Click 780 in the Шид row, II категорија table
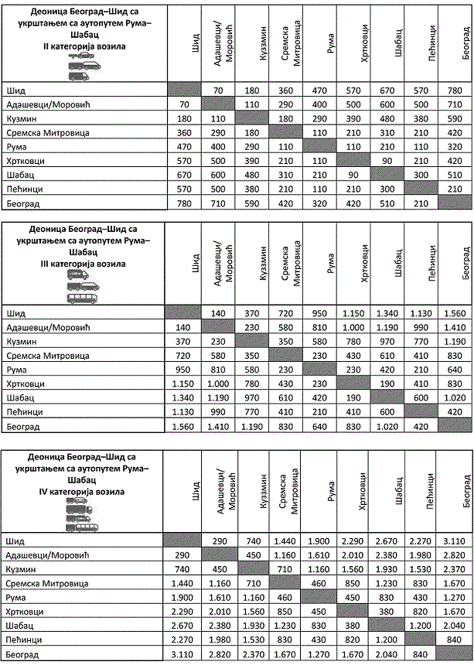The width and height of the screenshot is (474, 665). tap(455, 90)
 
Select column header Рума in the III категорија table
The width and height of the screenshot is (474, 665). tap(330, 265)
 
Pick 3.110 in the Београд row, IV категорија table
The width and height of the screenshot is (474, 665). tap(184, 653)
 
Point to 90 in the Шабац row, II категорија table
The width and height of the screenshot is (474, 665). tap(369, 176)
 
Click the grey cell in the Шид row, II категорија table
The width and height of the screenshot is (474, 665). tap(184, 90)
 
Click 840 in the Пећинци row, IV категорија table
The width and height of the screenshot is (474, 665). tap(455, 639)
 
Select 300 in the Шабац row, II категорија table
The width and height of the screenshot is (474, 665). tap(423, 176)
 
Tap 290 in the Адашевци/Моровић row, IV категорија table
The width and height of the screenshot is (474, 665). tap(184, 555)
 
